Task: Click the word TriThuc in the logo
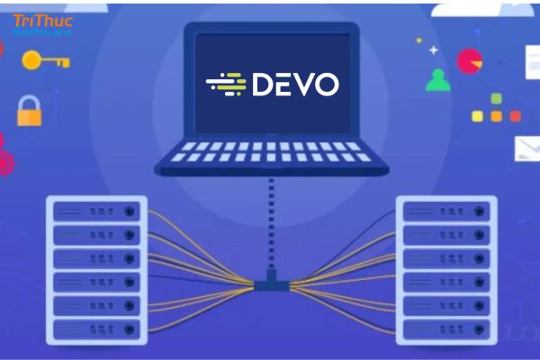42,21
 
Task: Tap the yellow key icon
46,60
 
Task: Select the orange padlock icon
30,111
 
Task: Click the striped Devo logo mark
226,84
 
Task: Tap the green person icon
438,80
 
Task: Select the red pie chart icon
470,62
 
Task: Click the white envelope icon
527,148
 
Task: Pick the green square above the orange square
496,99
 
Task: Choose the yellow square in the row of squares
477,116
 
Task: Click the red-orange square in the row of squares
516,116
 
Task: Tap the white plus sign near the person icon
434,50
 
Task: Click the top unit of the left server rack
97,211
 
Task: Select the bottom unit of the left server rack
97,329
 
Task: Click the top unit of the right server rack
446,211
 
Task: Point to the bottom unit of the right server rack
446,329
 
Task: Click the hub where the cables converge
272,283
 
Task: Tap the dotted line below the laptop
272,223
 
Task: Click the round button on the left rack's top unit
129,211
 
